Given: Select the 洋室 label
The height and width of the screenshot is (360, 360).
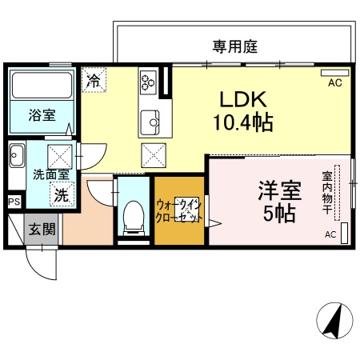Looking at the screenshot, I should pos(278,192).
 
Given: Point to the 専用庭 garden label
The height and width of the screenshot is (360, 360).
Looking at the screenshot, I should pos(234,46).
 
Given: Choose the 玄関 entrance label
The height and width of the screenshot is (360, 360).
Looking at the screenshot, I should pos(42,230).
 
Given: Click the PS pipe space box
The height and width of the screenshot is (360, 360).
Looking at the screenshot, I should pos(14,202).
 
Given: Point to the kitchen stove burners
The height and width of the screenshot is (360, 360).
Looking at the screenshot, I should pos(149,81).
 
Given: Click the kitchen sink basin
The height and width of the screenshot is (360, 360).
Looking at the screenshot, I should pos(150,122).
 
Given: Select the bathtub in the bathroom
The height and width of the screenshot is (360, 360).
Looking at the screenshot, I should pos(42,83).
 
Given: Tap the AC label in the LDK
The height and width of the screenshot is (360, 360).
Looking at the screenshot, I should pos(334,82).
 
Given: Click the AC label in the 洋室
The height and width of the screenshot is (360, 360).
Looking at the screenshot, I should pos(330,234).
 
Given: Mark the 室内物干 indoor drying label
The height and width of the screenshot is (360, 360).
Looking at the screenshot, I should pos(327,192).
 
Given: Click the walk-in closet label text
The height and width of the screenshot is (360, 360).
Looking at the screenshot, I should pos(177,210).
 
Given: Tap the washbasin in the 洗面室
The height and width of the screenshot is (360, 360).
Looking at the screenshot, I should pos(17,154).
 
